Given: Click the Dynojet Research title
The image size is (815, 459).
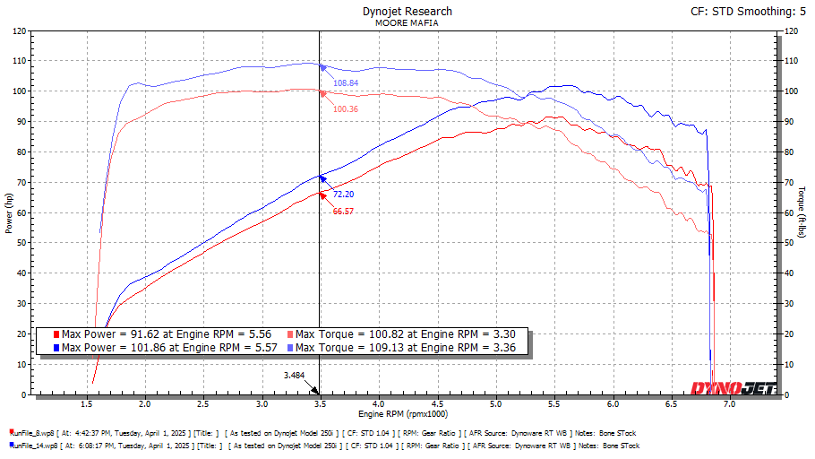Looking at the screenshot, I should (x=407, y=12).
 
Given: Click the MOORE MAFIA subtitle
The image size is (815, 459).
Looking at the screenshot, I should (x=407, y=24).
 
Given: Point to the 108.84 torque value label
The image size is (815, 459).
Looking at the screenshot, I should (x=346, y=82).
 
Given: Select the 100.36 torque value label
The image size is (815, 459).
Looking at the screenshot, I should (x=346, y=108).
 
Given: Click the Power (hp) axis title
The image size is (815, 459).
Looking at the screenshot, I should (x=9, y=212).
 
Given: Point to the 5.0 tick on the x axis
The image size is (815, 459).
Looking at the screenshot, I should (x=494, y=405).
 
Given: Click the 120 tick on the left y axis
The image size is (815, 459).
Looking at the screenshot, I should (x=20, y=30).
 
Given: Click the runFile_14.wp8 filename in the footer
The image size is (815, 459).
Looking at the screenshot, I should (x=34, y=445).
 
